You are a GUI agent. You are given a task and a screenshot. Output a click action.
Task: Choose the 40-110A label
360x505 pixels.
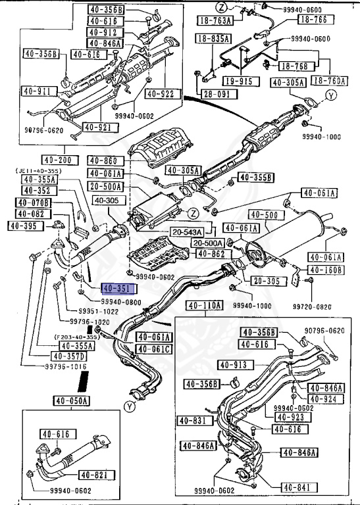click(205, 306)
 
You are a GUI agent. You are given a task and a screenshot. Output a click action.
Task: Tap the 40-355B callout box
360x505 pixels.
click(255, 178)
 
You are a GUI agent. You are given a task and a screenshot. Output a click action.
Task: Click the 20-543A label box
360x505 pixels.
click(186, 232)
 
